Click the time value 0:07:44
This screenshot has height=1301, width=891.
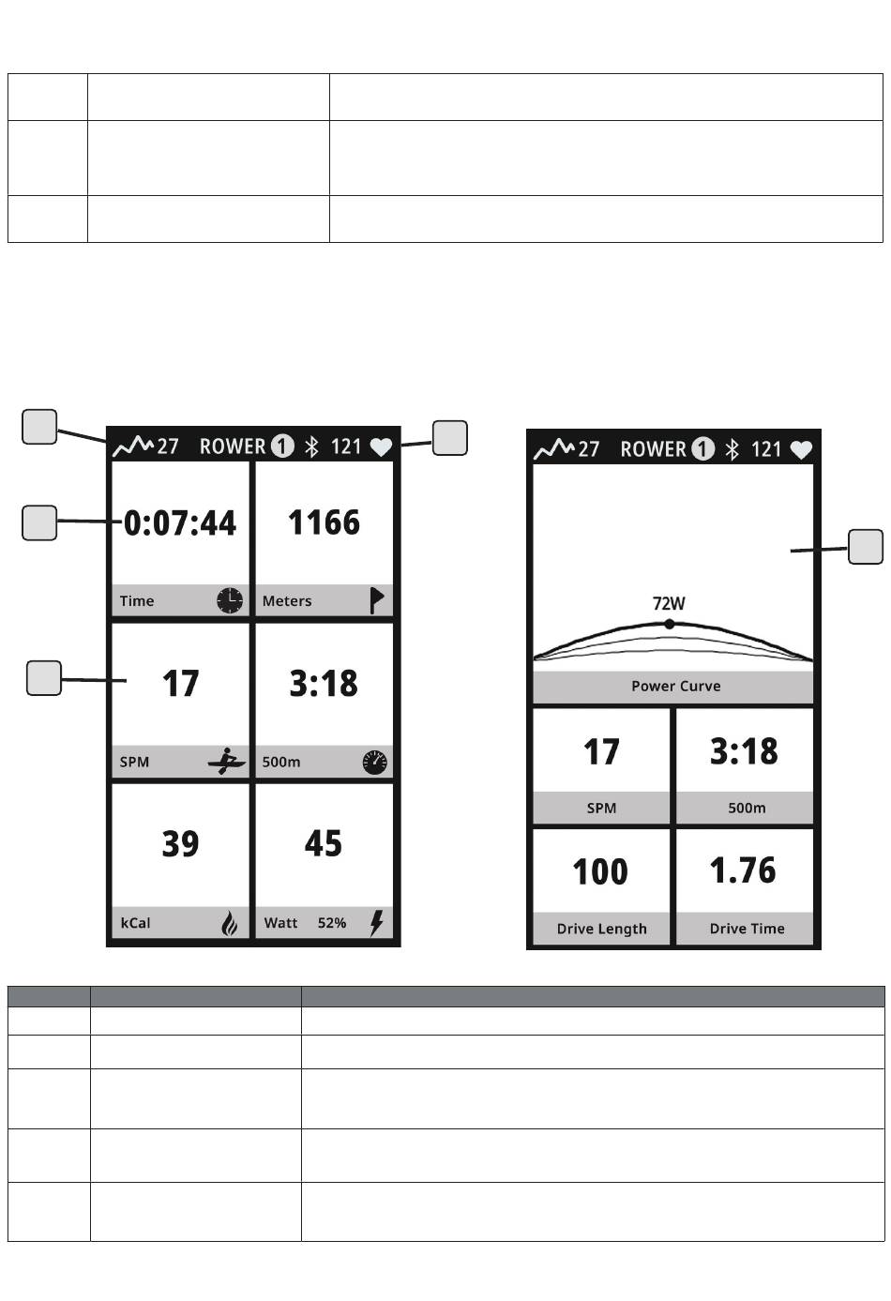(180, 522)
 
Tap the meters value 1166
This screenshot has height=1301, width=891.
(325, 522)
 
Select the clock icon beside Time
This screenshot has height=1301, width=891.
(230, 600)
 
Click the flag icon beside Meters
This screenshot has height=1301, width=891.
(377, 600)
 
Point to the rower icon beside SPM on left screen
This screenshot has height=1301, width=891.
(227, 761)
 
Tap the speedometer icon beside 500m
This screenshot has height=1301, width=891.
(374, 762)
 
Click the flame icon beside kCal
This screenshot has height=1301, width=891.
(230, 923)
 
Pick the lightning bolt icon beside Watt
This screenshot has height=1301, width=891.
(377, 922)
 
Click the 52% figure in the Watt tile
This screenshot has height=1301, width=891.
(332, 923)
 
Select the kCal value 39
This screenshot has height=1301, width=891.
(180, 843)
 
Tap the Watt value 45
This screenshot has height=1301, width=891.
(324, 843)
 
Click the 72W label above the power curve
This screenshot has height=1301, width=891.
(669, 603)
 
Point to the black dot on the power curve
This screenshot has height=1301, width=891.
(670, 625)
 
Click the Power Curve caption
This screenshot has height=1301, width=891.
(676, 686)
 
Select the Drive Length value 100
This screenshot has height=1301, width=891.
(600, 871)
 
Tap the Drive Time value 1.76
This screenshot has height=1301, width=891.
(743, 870)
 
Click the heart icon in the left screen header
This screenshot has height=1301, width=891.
(381, 446)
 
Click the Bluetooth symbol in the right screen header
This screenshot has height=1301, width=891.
(732, 449)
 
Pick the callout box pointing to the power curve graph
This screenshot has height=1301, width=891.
(866, 547)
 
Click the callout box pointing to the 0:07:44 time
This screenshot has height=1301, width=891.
(39, 522)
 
